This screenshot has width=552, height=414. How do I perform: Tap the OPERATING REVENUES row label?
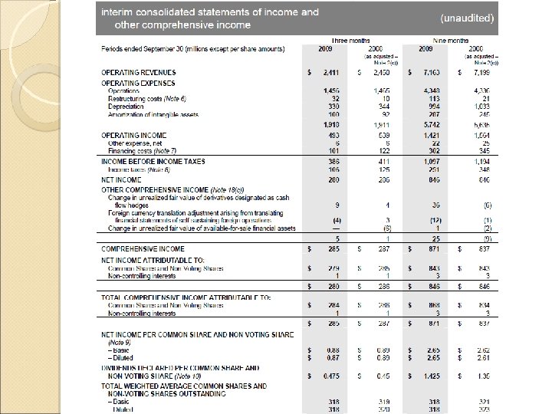click(x=135, y=72)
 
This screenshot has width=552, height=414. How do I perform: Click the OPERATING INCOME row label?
click(x=130, y=134)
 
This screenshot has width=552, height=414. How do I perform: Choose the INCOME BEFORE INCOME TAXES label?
click(x=153, y=163)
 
